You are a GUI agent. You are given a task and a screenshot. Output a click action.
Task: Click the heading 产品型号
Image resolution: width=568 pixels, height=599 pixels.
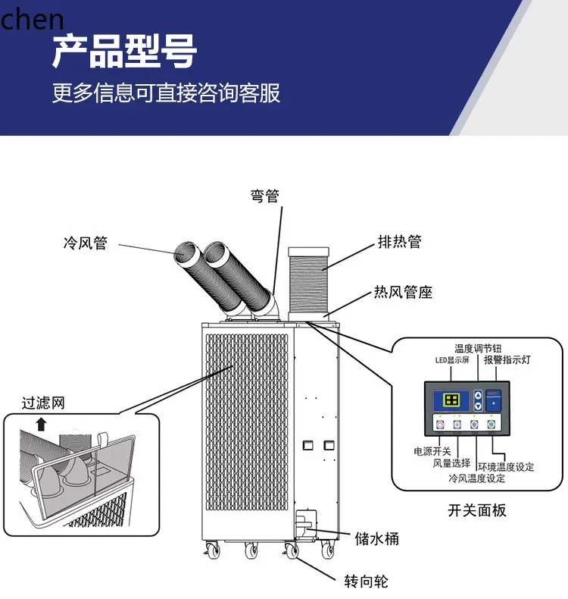[124, 52]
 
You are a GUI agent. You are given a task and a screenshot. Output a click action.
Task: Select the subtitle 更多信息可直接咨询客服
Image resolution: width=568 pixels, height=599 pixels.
[166, 93]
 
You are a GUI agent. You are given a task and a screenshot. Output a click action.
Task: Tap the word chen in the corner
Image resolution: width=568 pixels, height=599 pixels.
[32, 18]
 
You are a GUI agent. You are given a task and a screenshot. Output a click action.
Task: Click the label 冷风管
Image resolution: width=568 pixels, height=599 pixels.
[85, 244]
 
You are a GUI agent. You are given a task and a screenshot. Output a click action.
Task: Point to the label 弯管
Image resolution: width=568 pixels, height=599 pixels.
[264, 196]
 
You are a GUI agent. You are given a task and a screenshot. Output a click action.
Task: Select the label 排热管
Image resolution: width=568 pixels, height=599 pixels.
[399, 243]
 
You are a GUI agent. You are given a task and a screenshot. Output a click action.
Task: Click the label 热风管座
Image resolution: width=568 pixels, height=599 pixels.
[404, 292]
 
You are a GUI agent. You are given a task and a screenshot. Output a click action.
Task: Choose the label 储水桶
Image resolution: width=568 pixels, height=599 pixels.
[376, 539]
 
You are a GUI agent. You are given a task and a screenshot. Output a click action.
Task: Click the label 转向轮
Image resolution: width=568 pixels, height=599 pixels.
[366, 582]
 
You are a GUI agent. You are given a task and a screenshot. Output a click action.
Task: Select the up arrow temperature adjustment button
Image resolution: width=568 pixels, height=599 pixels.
[477, 395]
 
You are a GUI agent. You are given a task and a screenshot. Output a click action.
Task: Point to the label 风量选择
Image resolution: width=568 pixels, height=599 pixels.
[451, 464]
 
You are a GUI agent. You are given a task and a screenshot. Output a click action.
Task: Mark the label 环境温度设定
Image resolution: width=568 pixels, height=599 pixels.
[505, 466]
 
